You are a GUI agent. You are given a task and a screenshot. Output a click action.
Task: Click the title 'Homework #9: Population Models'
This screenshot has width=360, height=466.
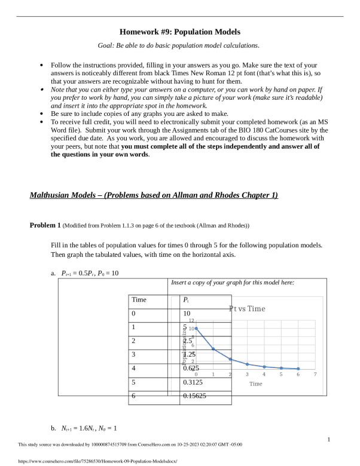pyautogui.click(x=180, y=32)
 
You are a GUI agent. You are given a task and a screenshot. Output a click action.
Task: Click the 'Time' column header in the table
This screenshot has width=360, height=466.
pyautogui.click(x=139, y=300)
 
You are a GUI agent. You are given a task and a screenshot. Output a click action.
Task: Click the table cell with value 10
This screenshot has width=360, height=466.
pyautogui.click(x=187, y=314)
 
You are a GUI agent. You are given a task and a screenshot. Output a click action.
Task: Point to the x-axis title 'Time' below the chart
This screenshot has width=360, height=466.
pyautogui.click(x=255, y=384)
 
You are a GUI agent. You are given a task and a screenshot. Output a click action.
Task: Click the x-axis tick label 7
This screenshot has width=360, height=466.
pyautogui.click(x=315, y=373)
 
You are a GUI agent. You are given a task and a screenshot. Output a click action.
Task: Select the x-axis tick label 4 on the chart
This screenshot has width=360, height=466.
pyautogui.click(x=264, y=373)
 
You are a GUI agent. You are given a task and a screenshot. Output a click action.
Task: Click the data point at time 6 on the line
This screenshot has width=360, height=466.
pyautogui.click(x=298, y=369)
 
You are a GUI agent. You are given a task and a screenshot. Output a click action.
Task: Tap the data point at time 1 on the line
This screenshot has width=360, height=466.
pyautogui.click(x=213, y=349)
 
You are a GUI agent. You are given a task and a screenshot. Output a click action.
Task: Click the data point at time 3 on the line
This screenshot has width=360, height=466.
pyautogui.click(x=247, y=364)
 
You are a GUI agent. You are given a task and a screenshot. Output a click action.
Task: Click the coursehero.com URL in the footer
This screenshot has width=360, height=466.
pyautogui.click(x=99, y=461)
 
